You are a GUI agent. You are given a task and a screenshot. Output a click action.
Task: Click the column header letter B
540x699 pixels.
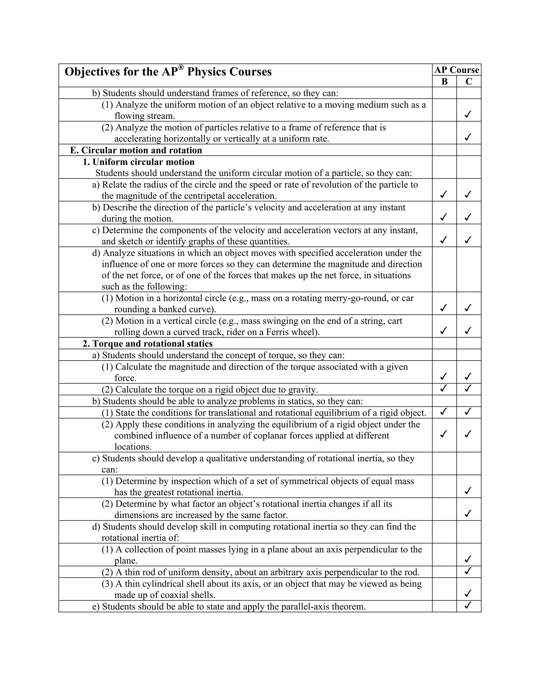pos(444,81)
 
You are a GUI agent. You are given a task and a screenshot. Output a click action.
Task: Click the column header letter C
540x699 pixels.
pos(469,81)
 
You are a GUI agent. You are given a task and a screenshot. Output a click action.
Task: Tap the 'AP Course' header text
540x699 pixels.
pos(456,70)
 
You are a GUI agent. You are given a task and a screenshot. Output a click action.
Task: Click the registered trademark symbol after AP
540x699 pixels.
pos(181,67)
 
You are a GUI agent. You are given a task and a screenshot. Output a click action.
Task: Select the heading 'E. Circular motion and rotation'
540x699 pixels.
pos(136,150)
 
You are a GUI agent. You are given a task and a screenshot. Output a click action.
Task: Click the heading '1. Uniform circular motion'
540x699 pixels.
pos(138,162)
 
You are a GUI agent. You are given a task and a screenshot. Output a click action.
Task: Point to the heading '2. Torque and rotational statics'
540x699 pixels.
pos(147,343)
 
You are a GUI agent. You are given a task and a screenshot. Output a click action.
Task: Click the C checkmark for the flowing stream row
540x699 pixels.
pos(468,114)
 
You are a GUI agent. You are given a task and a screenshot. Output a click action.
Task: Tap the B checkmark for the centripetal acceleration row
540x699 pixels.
pos(443,194)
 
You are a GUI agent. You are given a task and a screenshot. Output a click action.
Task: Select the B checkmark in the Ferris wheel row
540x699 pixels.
pos(443,330)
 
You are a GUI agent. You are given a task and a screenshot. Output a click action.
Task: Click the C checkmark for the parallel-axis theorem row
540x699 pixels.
pos(468,605)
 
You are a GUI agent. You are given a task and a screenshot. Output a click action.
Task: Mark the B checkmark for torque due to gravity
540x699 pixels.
pos(443,388)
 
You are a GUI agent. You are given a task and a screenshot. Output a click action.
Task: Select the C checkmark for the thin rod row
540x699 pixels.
pos(468,571)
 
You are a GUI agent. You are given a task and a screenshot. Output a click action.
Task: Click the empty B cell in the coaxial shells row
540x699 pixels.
pos(444,589)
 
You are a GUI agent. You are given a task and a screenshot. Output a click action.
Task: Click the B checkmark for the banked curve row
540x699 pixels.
pos(443,308)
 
